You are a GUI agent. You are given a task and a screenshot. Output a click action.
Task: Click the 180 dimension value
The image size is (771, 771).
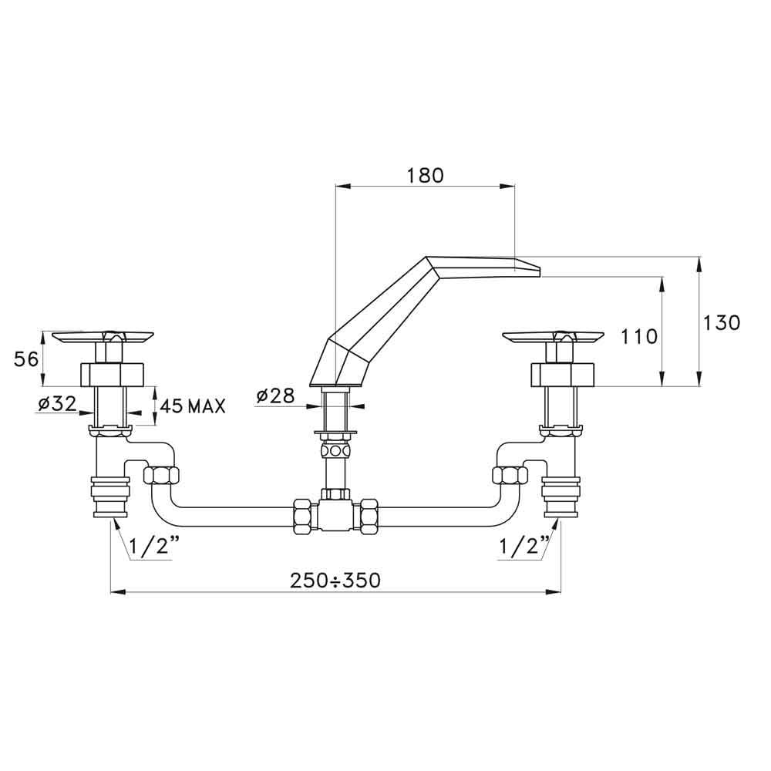(425, 175)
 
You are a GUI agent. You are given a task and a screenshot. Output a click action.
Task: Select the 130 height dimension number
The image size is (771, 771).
(722, 322)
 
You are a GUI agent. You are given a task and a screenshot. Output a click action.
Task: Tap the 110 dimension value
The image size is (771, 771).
(639, 336)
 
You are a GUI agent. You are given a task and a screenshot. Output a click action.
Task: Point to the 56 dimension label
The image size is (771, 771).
(26, 358)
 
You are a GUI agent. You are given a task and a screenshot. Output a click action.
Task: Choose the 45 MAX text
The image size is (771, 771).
(194, 406)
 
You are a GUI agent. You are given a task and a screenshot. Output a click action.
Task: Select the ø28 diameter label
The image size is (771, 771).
(275, 396)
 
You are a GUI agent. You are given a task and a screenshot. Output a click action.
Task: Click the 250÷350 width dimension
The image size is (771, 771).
(335, 581)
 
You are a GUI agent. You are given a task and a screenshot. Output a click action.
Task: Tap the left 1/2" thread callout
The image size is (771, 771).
(152, 547)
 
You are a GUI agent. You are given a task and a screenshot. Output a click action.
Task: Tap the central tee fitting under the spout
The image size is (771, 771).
(336, 513)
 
